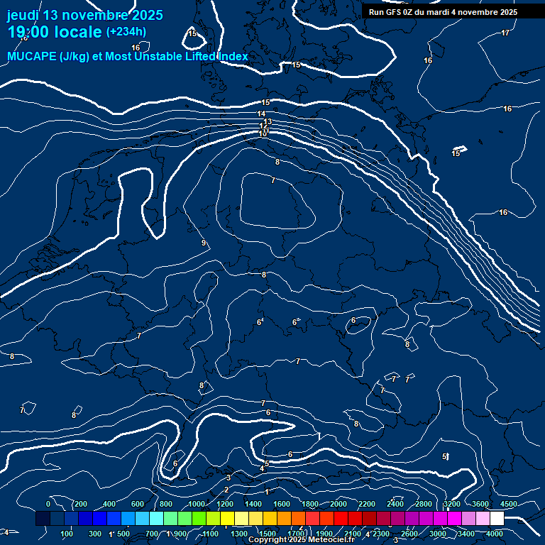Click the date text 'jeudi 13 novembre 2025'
point(84,15)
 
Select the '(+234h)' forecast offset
point(126,31)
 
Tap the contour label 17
point(505,33)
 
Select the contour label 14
point(262,114)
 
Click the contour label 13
point(268,122)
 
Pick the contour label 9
point(204,243)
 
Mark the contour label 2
point(226,490)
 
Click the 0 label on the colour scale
point(48,504)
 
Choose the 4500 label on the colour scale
point(509,504)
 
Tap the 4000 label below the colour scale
point(495,534)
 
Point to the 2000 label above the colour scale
point(338,504)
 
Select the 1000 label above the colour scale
point(196,504)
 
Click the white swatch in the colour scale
point(497,519)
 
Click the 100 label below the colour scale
point(68,534)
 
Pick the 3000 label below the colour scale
point(438,534)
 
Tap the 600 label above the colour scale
point(138,504)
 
